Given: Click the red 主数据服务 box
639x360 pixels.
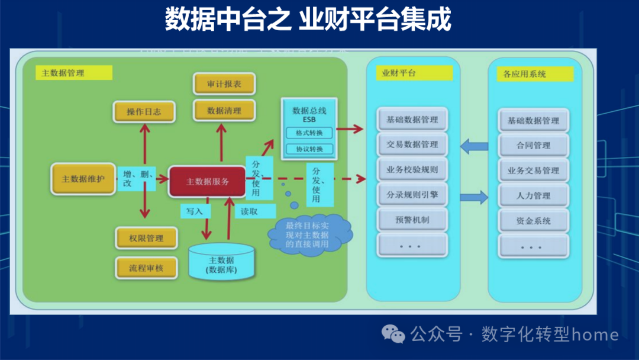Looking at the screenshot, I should [x=207, y=182].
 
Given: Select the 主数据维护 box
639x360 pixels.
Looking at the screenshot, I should [x=83, y=178].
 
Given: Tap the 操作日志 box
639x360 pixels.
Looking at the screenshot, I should [x=144, y=112].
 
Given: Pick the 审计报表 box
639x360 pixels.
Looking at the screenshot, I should [x=224, y=85].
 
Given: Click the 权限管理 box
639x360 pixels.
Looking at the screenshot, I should [x=146, y=238].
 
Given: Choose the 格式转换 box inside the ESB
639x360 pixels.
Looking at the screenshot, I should [x=309, y=133].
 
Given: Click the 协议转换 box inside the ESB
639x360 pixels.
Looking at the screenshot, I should [x=309, y=149].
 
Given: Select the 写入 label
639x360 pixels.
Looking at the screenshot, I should [x=195, y=211].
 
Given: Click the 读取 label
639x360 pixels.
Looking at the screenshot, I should [x=249, y=211].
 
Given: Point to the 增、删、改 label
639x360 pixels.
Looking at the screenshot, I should [x=136, y=179].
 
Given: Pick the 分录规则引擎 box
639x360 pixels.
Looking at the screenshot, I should [x=412, y=195].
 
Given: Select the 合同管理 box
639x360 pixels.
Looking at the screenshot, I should [x=533, y=145].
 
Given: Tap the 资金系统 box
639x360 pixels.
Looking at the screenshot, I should [x=533, y=220].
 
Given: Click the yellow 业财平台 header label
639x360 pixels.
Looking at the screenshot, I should [x=414, y=73].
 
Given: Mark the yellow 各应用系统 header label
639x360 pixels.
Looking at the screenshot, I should [x=534, y=74].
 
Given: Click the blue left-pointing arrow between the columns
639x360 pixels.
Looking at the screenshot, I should [x=474, y=146].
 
